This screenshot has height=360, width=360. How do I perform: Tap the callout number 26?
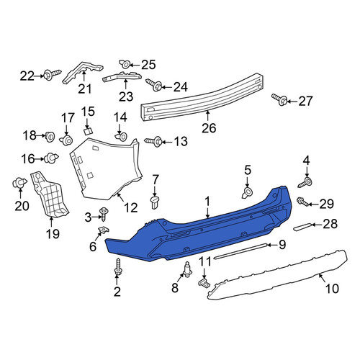tap(209, 128)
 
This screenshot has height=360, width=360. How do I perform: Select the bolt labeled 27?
tap(279, 99)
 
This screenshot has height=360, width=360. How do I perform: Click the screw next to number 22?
tap(53, 74)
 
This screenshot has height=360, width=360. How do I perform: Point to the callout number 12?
tap(131, 207)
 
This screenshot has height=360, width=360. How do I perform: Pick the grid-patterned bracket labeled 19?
tap(50, 195)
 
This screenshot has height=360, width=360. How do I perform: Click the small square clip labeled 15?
tap(88, 131)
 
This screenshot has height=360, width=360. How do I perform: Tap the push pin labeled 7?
tap(155, 202)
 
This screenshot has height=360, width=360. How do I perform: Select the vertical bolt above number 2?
tap(118, 268)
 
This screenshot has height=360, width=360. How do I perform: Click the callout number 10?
tap(332, 288)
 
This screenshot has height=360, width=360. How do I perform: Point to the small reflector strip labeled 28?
tap(303, 227)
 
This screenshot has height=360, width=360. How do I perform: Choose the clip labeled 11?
tap(204, 282)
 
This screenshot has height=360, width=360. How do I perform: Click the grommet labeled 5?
tap(247, 192)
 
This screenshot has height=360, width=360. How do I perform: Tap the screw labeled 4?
tap(305, 183)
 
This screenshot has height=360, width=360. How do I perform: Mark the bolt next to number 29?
tap(303, 202)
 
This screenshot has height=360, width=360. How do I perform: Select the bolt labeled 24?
tap(154, 85)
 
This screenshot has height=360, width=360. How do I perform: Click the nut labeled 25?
tap(125, 63)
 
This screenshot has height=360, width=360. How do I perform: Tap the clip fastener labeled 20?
tap(19, 183)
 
